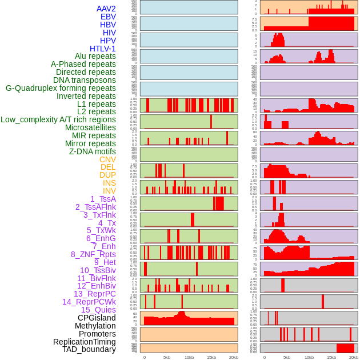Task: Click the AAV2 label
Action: [x=106, y=9]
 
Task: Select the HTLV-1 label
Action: [x=103, y=49]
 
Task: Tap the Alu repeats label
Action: [x=95, y=57]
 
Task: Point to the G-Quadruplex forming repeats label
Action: [x=61, y=88]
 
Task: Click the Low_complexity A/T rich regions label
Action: [x=58, y=119]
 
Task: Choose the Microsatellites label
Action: [x=90, y=127]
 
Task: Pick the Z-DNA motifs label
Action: [x=93, y=151]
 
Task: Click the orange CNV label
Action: [x=107, y=159]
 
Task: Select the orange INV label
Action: [x=109, y=191]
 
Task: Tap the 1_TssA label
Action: [x=103, y=199]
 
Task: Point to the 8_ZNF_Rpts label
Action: [x=93, y=254]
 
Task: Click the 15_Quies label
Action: [x=98, y=310]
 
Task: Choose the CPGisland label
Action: [x=97, y=318]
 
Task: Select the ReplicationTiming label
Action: [x=85, y=342]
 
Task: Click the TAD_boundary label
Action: [x=89, y=349]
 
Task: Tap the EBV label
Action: [x=108, y=17]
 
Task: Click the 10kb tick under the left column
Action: [x=189, y=357]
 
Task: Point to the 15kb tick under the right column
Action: [x=331, y=357]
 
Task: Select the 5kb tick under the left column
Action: [x=167, y=357]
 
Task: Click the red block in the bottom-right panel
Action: [x=345, y=348]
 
